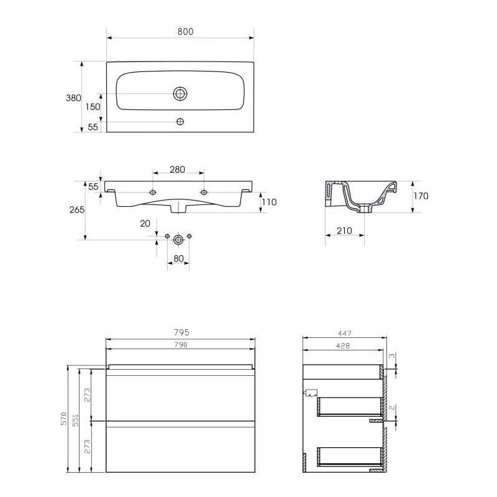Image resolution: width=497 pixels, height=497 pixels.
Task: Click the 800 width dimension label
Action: coord(185,32)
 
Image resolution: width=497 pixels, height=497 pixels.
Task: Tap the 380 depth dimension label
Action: coord(73,98)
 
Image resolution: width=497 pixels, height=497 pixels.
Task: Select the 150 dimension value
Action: coord(93,107)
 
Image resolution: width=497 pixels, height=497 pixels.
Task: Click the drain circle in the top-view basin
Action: coord(180,94)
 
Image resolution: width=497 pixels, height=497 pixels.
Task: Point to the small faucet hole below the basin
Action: coord(180,121)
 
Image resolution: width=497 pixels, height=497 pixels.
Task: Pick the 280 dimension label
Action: coord(177,170)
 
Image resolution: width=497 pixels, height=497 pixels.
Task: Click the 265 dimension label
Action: coord(77,209)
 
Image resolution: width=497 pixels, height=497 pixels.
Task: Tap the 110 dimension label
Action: coord(269,202)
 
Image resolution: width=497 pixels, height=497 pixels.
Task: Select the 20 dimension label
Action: coord(145,224)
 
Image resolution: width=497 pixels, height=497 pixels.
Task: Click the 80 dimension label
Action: coord(178,258)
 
